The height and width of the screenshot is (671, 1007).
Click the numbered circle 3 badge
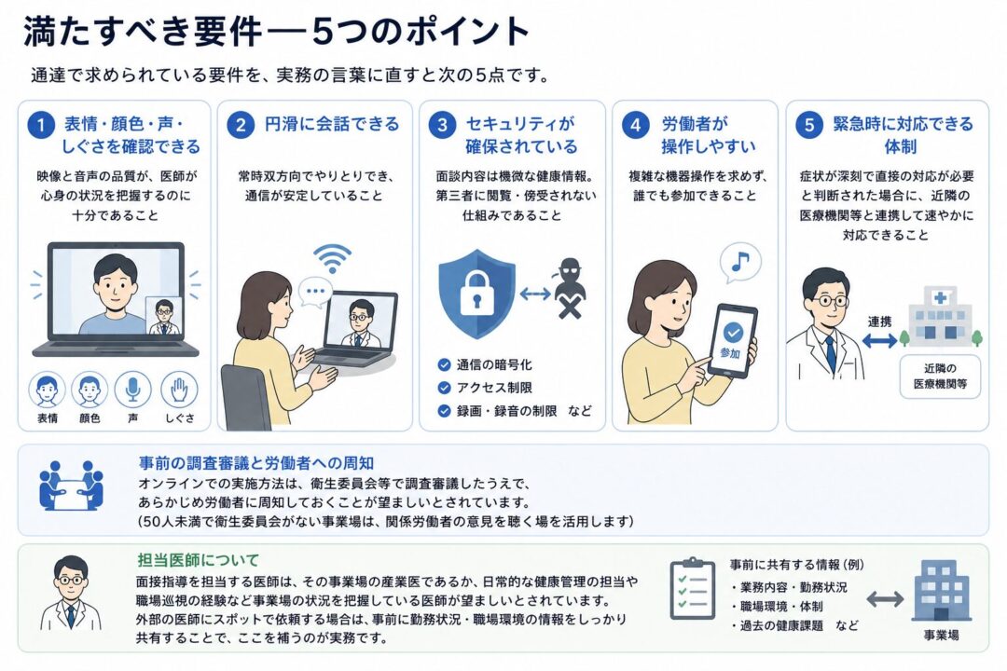(442, 124)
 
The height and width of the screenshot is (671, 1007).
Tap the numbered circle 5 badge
(809, 124)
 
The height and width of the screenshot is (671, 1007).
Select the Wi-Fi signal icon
(332, 258)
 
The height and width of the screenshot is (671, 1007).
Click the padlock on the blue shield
(476, 290)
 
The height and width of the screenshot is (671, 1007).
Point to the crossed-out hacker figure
(569, 288)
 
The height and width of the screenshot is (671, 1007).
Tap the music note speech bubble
(739, 263)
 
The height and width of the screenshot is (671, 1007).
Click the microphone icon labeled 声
(133, 390)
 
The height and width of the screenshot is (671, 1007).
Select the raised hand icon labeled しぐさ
(179, 390)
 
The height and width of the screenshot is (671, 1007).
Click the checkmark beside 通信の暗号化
(444, 364)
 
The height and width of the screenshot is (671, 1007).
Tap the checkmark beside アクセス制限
(444, 388)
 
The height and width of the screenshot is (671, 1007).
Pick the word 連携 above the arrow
(880, 322)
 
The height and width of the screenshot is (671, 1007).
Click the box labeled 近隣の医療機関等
(940, 377)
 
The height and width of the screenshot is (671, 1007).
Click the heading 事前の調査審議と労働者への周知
(256, 463)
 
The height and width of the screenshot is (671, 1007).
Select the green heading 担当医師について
(199, 560)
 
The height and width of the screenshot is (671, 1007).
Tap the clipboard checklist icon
(692, 589)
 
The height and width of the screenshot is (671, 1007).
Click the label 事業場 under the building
(942, 635)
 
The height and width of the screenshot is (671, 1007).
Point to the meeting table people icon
(71, 486)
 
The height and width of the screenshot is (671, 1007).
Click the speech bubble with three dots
(316, 292)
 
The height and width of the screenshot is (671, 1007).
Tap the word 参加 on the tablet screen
(730, 352)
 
